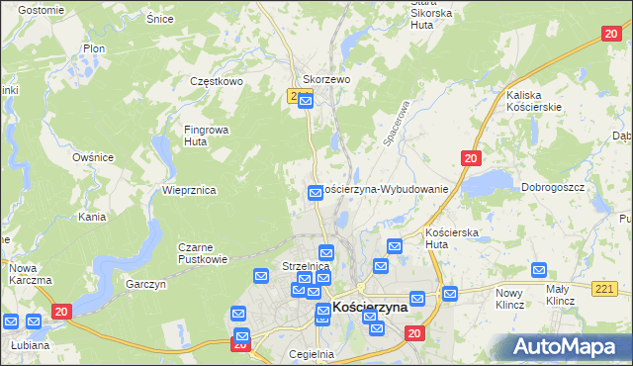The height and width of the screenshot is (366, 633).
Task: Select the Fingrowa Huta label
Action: click(x=203, y=135)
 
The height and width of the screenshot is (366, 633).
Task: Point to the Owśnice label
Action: click(x=93, y=157)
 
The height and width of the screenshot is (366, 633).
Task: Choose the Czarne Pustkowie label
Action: click(x=203, y=253)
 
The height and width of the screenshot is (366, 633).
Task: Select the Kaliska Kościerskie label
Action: click(x=534, y=100)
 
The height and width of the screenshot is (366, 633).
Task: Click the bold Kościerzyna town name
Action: click(x=371, y=308)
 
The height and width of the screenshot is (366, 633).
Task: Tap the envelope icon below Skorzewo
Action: click(x=306, y=100)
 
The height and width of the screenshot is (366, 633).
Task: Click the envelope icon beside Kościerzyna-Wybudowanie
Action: click(x=316, y=193)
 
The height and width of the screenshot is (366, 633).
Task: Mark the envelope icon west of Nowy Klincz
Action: click(x=450, y=293)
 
